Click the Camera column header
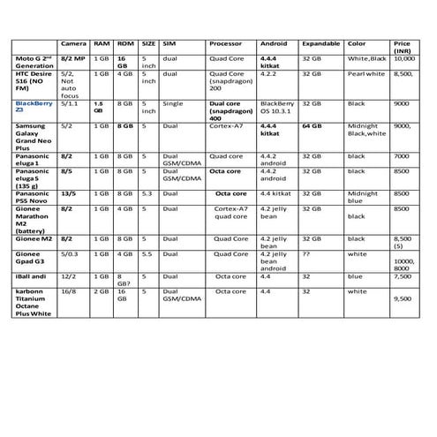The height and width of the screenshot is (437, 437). click(x=72, y=43)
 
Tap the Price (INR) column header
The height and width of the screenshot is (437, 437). click(x=403, y=48)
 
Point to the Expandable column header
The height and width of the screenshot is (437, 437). click(x=320, y=43)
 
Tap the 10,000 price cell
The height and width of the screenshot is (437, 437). click(x=403, y=57)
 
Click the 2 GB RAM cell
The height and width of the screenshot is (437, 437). click(x=101, y=290)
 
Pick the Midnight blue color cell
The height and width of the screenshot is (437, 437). click(x=362, y=197)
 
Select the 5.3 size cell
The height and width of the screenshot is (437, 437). click(x=147, y=193)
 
